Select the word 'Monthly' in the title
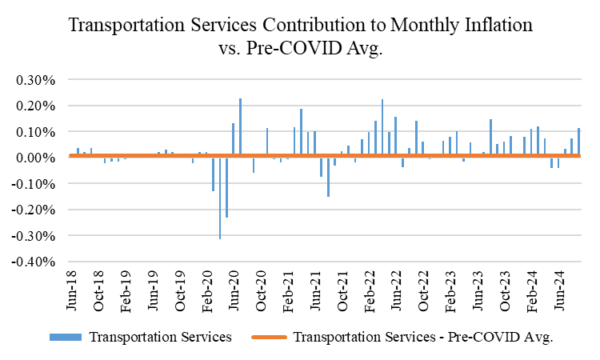point(405,25)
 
